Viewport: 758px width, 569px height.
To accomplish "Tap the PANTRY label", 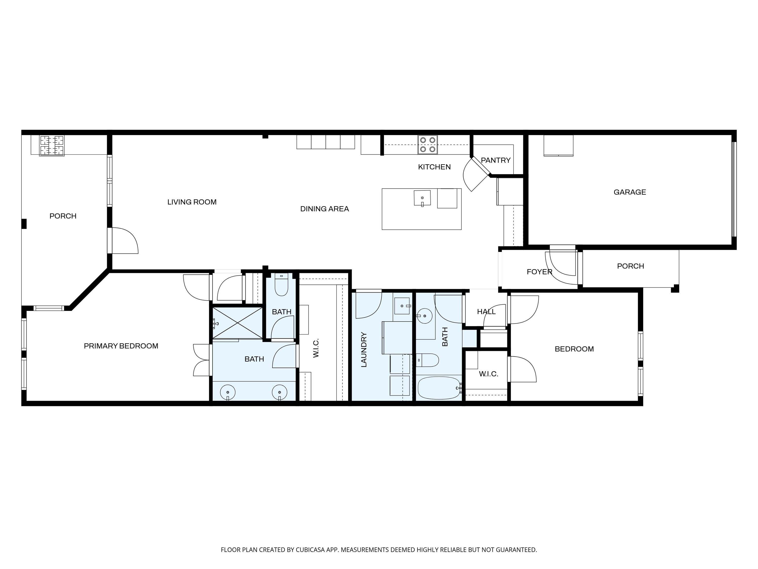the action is (x=495, y=160).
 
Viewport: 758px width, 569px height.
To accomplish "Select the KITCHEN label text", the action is (x=434, y=167).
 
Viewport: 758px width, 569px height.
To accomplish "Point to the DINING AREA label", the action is (x=324, y=209).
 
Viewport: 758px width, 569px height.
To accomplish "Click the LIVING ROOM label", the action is (x=192, y=202).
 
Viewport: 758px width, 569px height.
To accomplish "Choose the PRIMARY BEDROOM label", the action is (x=121, y=346).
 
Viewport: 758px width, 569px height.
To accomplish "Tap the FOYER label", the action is (x=539, y=272).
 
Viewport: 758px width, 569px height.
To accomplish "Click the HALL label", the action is (x=486, y=312).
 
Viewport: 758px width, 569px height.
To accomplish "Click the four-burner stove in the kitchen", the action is (x=428, y=145).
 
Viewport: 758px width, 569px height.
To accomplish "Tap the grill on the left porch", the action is (x=52, y=146).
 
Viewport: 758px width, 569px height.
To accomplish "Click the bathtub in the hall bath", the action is (x=439, y=388).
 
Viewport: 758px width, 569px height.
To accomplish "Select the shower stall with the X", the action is (x=237, y=323).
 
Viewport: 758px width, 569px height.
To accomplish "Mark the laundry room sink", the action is (x=402, y=305).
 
